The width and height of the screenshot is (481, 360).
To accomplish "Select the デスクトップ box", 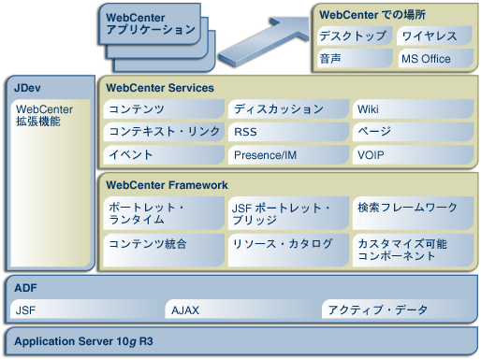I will pyautogui.click(x=354, y=36).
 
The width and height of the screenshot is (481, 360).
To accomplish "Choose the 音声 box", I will pyautogui.click(x=354, y=59).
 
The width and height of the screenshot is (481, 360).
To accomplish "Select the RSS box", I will pyautogui.click(x=287, y=132).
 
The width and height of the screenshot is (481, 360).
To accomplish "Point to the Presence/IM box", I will pyautogui.click(x=287, y=154).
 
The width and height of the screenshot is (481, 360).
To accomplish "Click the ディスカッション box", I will pyautogui.click(x=287, y=109).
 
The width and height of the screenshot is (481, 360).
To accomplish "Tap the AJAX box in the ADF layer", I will pyautogui.click(x=240, y=310).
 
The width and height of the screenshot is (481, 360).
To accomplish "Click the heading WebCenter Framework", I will pyautogui.click(x=167, y=185).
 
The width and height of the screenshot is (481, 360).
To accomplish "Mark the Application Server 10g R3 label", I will pyautogui.click(x=83, y=341).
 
